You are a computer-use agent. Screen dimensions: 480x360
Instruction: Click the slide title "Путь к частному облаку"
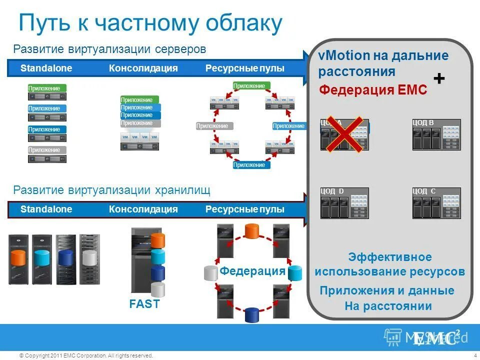(150, 23)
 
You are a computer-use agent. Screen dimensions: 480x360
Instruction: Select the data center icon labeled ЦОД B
(436, 135)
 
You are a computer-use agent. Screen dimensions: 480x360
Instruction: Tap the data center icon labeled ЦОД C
(436, 203)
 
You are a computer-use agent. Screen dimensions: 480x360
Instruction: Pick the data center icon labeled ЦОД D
(344, 203)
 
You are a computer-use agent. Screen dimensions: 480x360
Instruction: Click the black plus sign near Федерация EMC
(438, 79)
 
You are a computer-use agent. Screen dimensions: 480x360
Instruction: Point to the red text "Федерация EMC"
(373, 90)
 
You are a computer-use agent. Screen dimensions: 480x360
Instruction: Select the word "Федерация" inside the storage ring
(252, 271)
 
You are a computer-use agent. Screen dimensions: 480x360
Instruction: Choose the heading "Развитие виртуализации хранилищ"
(111, 190)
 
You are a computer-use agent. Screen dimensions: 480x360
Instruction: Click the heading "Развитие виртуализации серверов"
(109, 49)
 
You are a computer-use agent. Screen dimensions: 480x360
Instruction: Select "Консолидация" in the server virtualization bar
(143, 68)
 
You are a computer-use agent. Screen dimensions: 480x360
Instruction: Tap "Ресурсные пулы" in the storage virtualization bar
(244, 209)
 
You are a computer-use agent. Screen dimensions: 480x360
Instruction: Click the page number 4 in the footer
(474, 355)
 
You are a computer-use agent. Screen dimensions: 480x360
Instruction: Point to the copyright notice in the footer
(85, 355)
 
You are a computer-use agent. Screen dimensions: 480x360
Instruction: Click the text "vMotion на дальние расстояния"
(383, 63)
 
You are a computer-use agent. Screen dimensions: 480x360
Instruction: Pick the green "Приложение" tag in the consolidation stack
(139, 99)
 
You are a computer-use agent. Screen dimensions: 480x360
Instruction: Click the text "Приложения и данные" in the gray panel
(387, 290)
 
